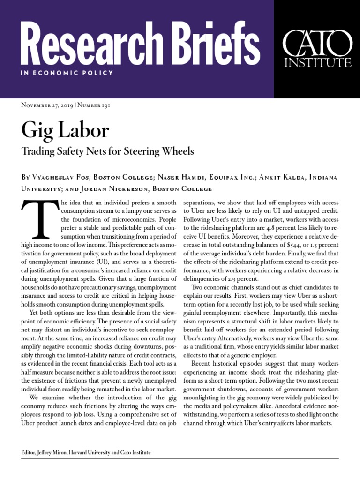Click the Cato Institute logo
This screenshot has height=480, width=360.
pyautogui.click(x=317, y=49)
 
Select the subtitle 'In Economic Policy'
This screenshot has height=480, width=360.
pyautogui.click(x=67, y=73)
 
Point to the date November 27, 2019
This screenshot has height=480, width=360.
pyautogui.click(x=47, y=105)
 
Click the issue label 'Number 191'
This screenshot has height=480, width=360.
pyautogui.click(x=94, y=105)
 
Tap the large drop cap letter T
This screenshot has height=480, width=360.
pyautogui.click(x=39, y=219)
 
